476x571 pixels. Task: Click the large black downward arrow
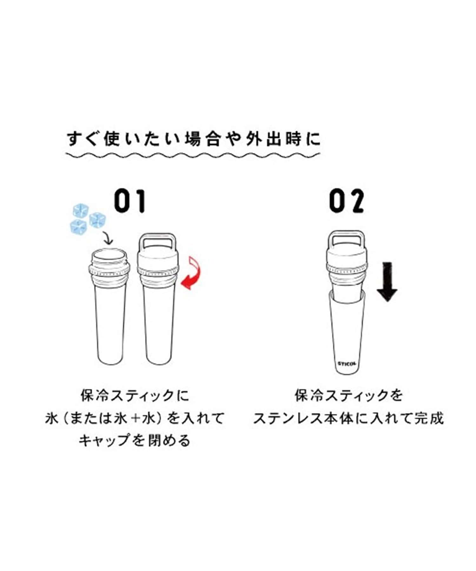(x=387, y=281)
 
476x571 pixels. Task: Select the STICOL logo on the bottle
(x=347, y=364)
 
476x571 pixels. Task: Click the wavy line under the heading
(x=193, y=155)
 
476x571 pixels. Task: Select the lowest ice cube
(x=79, y=227)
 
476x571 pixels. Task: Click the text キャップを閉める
(x=135, y=440)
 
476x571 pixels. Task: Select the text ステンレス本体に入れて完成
(x=348, y=418)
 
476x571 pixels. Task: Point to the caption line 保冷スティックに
(x=135, y=396)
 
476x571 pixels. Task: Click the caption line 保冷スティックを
(x=349, y=396)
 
